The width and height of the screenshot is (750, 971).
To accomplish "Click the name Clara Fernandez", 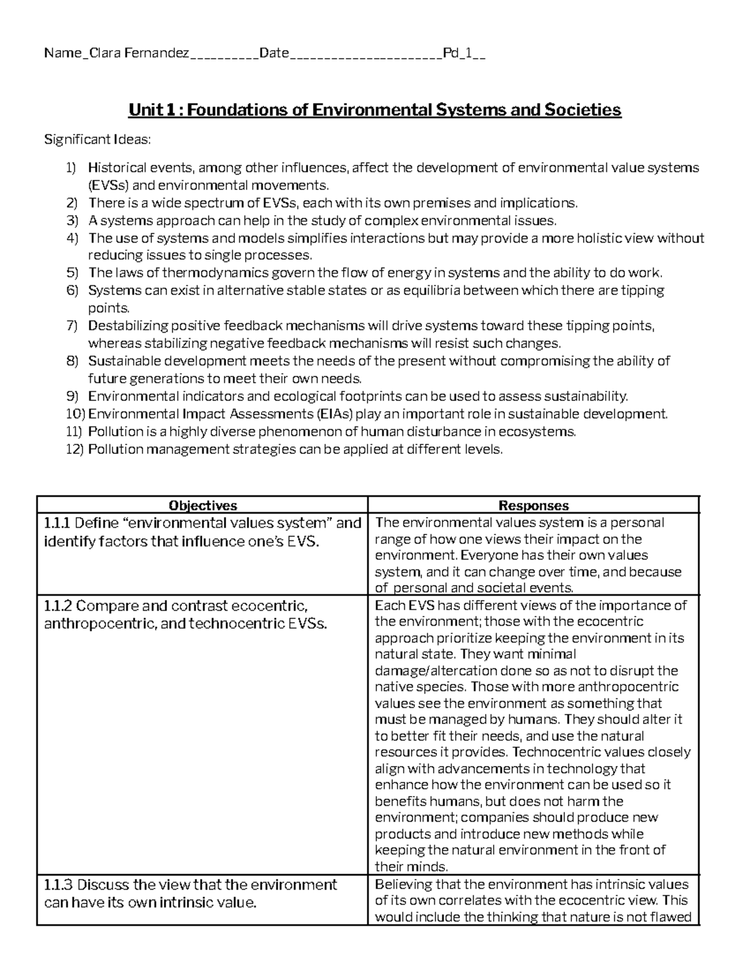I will (x=139, y=54).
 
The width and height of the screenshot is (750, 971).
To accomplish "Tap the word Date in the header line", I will (x=274, y=54).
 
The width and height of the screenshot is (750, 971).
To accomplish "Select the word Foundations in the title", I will (x=237, y=111).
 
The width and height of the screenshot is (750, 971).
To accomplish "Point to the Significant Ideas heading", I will (x=97, y=139).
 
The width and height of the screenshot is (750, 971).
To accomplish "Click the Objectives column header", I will (x=203, y=505).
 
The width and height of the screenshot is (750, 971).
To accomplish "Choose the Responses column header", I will (x=533, y=505).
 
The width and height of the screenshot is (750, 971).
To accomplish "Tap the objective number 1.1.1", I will (x=57, y=523).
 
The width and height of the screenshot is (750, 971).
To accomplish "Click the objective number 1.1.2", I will (x=58, y=606).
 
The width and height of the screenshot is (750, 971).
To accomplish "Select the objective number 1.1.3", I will (x=58, y=885).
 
